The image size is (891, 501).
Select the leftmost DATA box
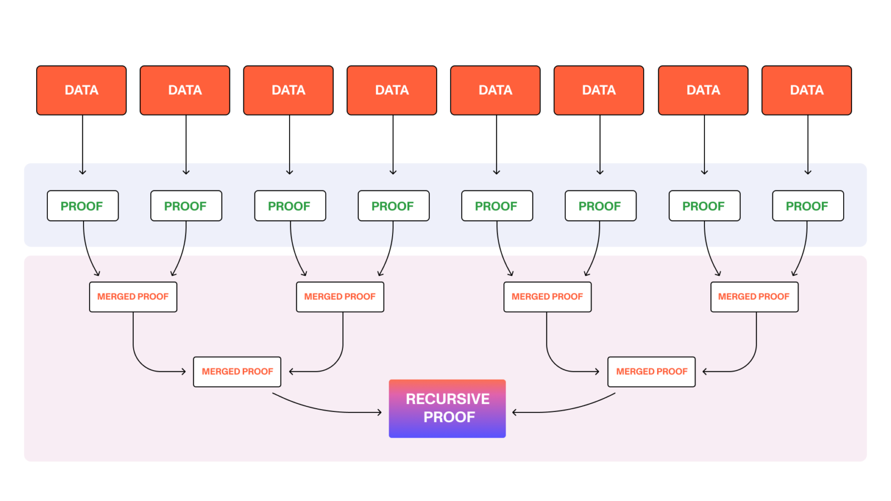click(x=81, y=90)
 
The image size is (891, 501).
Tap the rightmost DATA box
click(x=806, y=90)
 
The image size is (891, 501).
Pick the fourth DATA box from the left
click(x=391, y=90)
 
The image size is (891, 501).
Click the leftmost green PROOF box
click(x=82, y=206)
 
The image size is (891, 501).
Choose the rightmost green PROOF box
click(x=807, y=206)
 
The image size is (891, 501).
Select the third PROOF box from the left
click(x=290, y=206)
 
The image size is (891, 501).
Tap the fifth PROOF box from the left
click(x=497, y=206)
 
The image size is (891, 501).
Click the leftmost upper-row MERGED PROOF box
click(x=133, y=297)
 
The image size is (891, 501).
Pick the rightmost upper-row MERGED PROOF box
click(x=754, y=297)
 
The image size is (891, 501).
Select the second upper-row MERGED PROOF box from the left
click(x=340, y=297)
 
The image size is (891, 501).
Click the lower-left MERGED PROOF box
click(x=237, y=371)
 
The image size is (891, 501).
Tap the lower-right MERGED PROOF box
click(x=652, y=371)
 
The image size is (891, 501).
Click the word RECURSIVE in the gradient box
click(x=448, y=399)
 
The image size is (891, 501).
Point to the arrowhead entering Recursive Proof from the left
click(x=380, y=412)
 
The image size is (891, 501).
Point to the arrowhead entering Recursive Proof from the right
click(x=515, y=412)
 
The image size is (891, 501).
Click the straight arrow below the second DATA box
click(x=186, y=145)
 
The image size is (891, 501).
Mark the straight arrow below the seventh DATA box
click(x=704, y=145)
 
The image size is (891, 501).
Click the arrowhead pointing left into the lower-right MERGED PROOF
click(x=705, y=371)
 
